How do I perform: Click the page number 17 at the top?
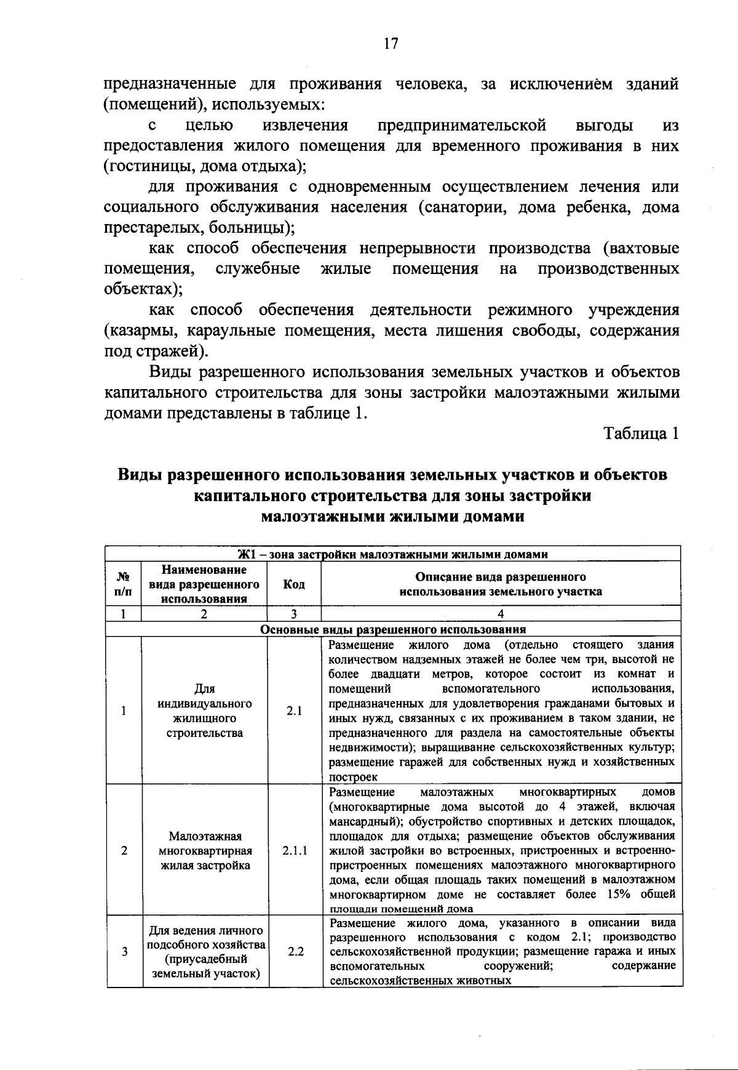(391, 43)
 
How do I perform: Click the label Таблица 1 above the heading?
(641, 433)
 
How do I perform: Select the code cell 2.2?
(296, 951)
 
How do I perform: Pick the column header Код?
(294, 584)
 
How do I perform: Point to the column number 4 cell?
(501, 613)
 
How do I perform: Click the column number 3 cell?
(294, 613)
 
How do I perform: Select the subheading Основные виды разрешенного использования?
(393, 629)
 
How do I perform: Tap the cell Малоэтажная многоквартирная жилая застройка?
(205, 851)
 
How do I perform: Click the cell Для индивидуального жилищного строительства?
(205, 710)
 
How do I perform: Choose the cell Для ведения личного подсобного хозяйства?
(205, 951)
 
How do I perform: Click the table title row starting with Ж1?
(393, 553)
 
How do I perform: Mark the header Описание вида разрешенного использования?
(501, 584)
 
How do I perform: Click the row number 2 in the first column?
(124, 851)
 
